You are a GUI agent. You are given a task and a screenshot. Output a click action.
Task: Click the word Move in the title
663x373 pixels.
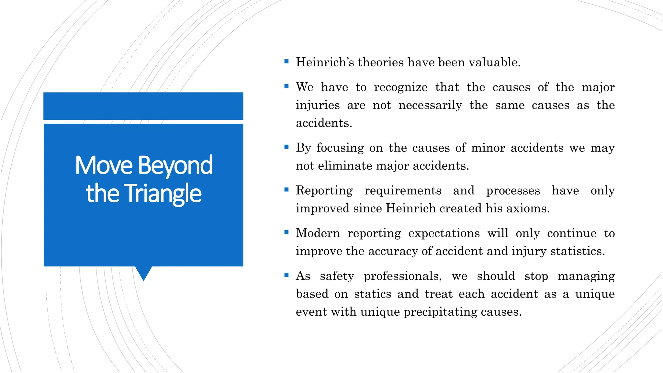pos(104,165)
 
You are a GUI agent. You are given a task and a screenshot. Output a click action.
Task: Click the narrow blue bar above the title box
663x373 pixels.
pos(143,106)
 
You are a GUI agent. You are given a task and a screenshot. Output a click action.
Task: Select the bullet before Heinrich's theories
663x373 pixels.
pos(286,61)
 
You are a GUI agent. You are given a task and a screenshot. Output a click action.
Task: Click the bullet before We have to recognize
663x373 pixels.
pos(286,86)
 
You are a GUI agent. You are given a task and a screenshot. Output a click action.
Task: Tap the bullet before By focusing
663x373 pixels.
pos(286,147)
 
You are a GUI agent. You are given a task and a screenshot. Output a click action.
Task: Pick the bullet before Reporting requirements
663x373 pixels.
pos(286,189)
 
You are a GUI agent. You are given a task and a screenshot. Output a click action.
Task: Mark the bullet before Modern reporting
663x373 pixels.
pos(286,232)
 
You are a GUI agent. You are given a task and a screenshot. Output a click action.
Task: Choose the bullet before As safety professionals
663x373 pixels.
pos(286,275)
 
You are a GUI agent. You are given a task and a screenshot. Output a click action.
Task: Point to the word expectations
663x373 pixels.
pos(444,233)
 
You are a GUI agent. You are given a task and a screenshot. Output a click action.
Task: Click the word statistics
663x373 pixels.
pos(577,251)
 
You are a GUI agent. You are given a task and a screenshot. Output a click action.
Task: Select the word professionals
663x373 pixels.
pos(403,276)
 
